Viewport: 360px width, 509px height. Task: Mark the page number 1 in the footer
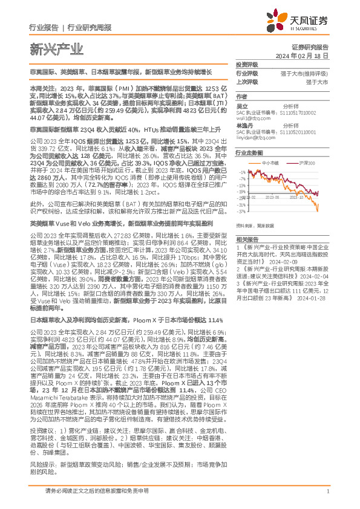(x=327, y=491)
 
